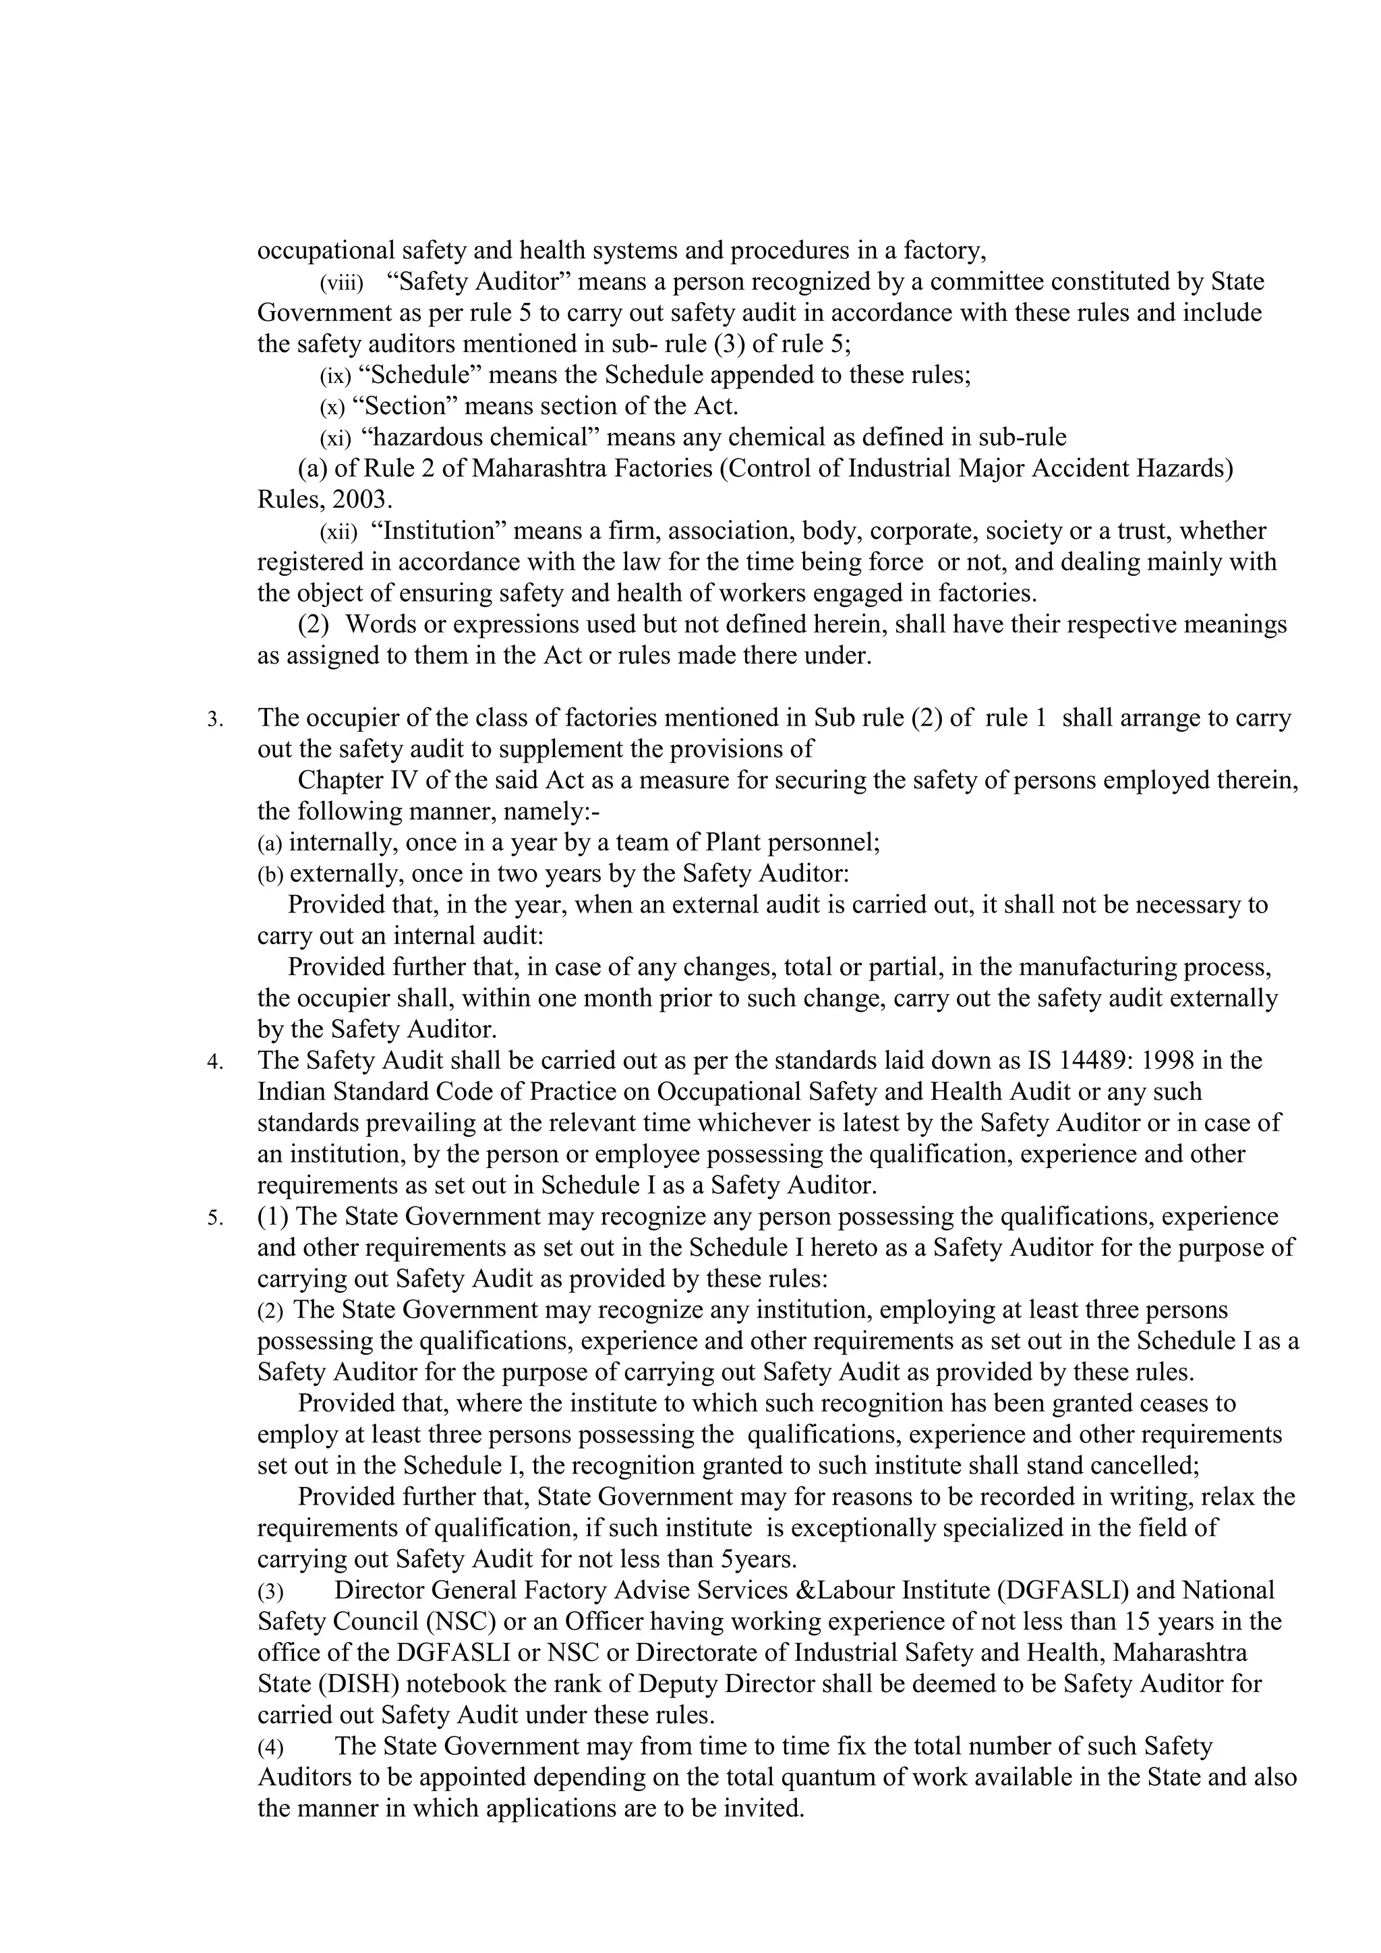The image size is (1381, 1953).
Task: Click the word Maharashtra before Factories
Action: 540,469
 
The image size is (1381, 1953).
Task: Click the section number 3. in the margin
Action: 215,720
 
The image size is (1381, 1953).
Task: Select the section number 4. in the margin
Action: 215,1062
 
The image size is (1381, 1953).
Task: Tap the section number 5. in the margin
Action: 215,1219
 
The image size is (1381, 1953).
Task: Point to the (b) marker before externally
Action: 270,875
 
